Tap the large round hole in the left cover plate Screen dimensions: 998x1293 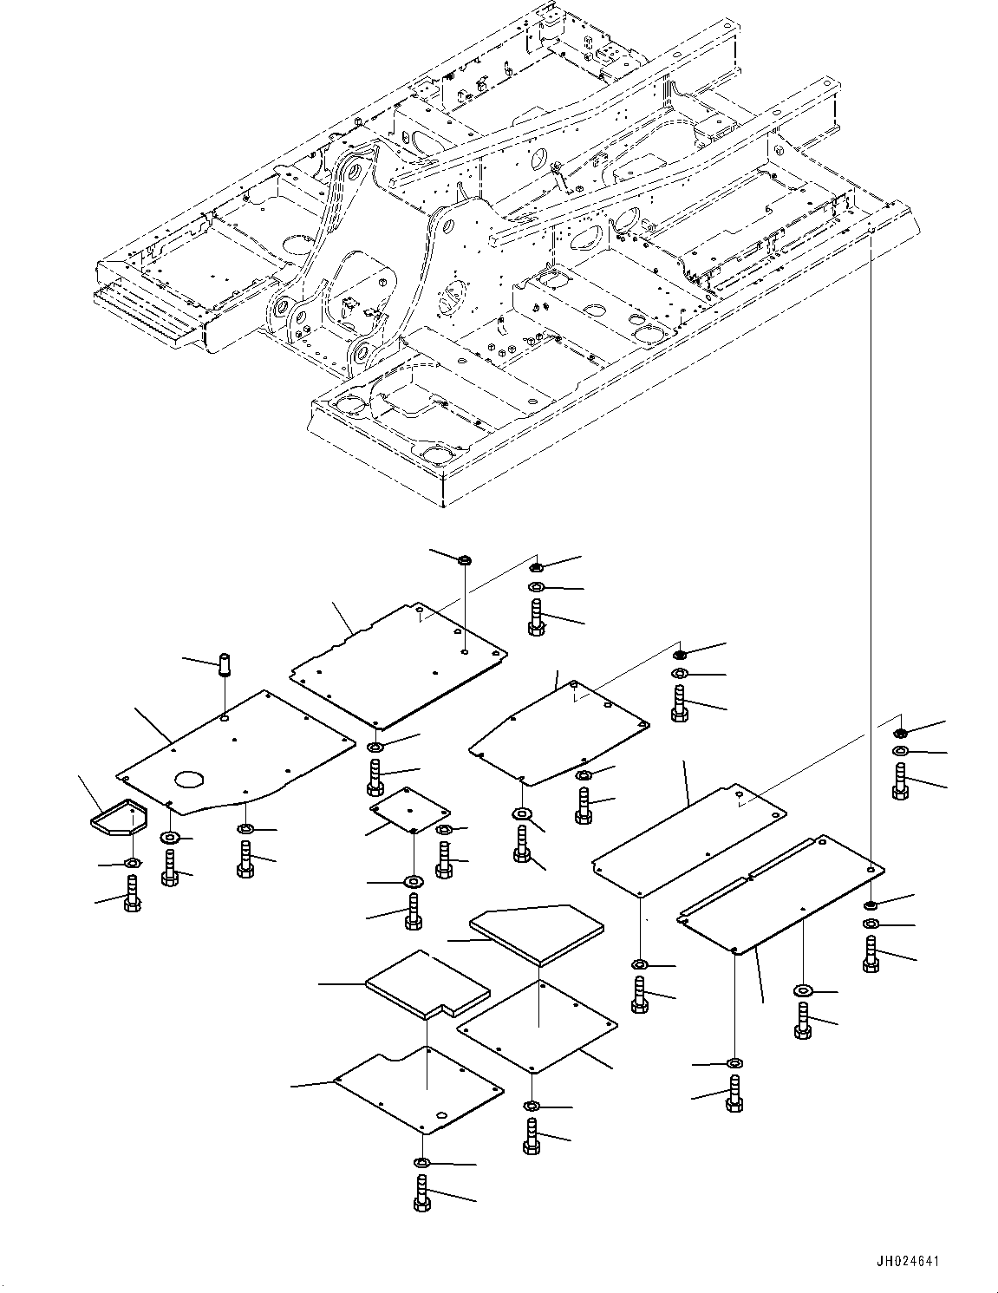point(190,778)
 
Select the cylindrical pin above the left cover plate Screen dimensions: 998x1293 point(225,664)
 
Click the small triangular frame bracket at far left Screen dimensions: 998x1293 point(119,817)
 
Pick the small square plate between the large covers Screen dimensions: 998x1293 point(410,808)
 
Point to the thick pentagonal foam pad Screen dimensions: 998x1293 point(537,943)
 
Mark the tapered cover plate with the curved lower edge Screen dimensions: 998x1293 point(559,733)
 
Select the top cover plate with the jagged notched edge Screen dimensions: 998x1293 point(399,666)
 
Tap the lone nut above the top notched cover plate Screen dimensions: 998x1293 point(465,560)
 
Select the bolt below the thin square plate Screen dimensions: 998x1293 point(532,1136)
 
